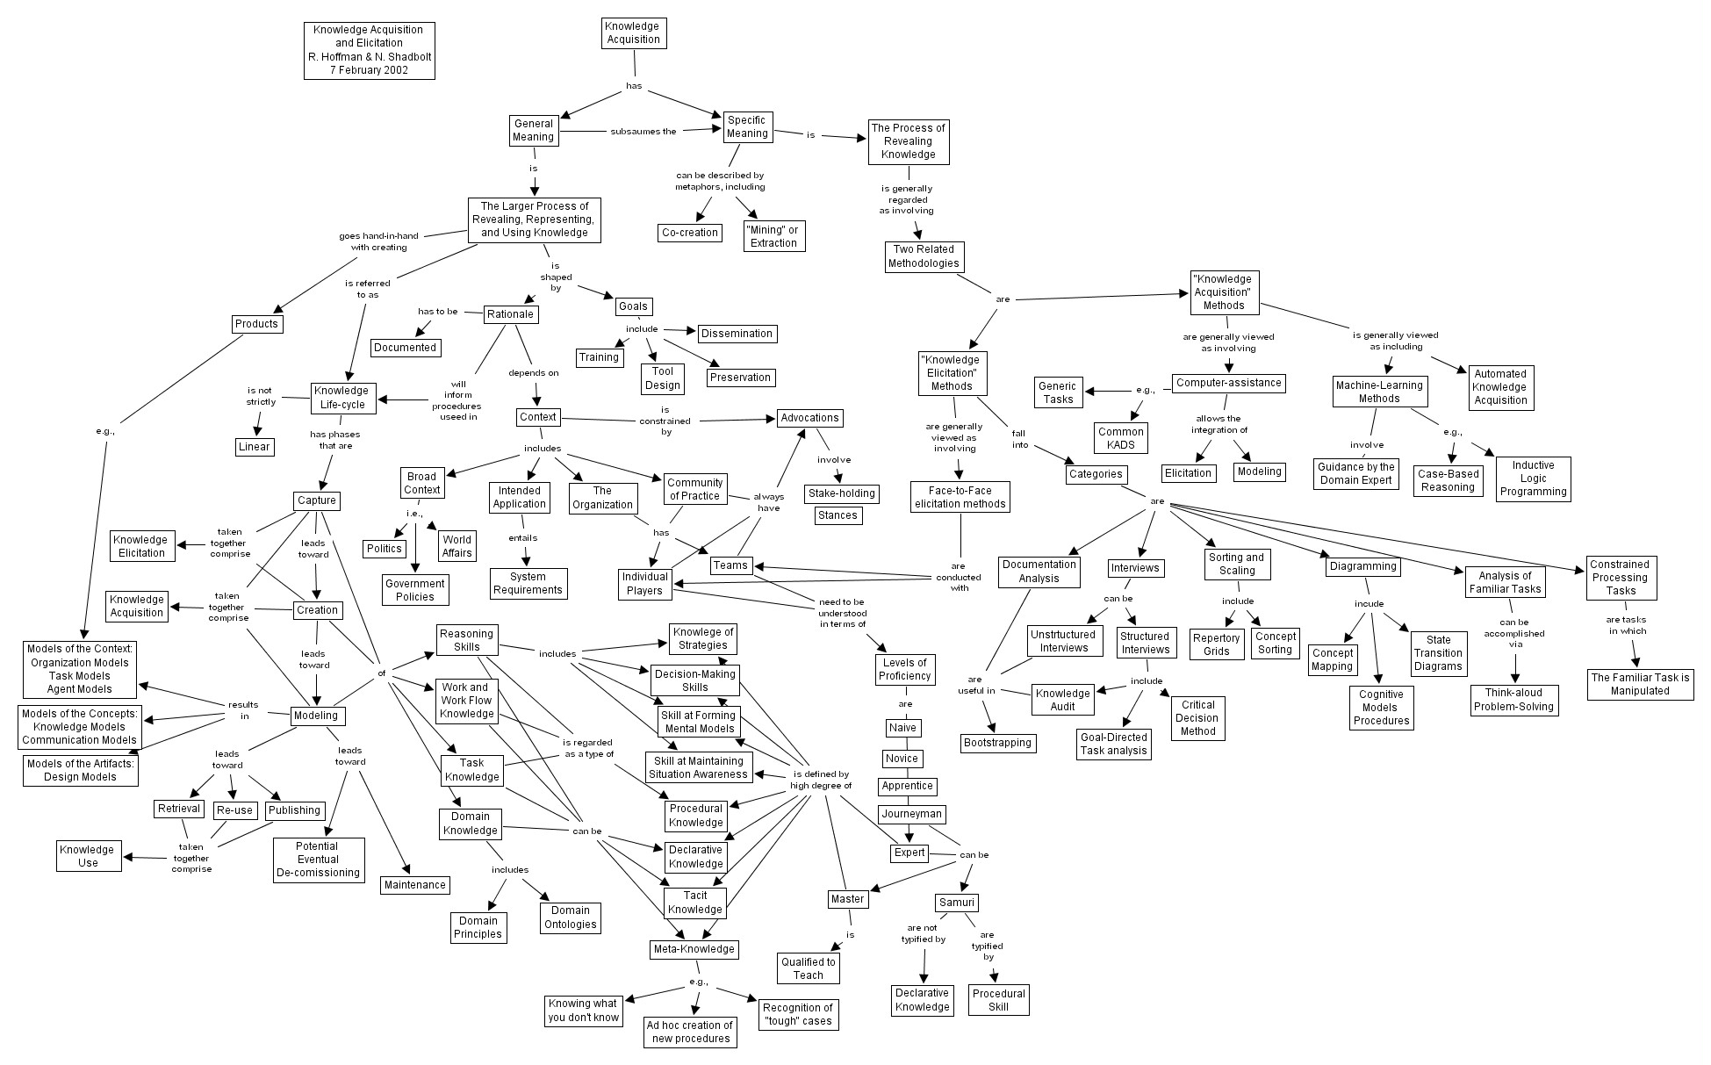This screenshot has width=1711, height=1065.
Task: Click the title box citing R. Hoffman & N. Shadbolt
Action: point(370,50)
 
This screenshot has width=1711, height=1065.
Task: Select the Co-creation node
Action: point(690,233)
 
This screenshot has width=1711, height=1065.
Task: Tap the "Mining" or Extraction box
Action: point(773,236)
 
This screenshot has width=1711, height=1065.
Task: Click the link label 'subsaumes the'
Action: point(643,132)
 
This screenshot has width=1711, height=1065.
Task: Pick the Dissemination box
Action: point(737,334)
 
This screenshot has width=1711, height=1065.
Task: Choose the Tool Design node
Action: point(663,378)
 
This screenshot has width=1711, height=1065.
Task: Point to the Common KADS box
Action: point(1121,437)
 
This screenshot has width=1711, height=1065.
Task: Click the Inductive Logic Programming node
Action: point(1533,479)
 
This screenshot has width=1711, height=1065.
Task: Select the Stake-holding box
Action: point(840,493)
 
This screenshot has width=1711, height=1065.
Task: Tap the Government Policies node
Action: point(415,590)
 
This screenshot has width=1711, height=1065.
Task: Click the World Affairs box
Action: point(457,546)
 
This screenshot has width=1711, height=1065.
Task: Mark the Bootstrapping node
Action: point(997,743)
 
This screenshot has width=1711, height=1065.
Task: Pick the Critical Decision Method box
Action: point(1197,717)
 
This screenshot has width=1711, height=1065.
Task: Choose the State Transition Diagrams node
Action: point(1438,653)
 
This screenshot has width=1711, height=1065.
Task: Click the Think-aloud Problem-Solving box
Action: point(1514,700)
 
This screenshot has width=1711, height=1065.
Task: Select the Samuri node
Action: point(956,903)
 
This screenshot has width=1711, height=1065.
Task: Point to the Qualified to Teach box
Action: point(809,968)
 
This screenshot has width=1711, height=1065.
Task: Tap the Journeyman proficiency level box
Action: point(911,814)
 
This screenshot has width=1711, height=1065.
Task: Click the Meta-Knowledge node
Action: point(694,949)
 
